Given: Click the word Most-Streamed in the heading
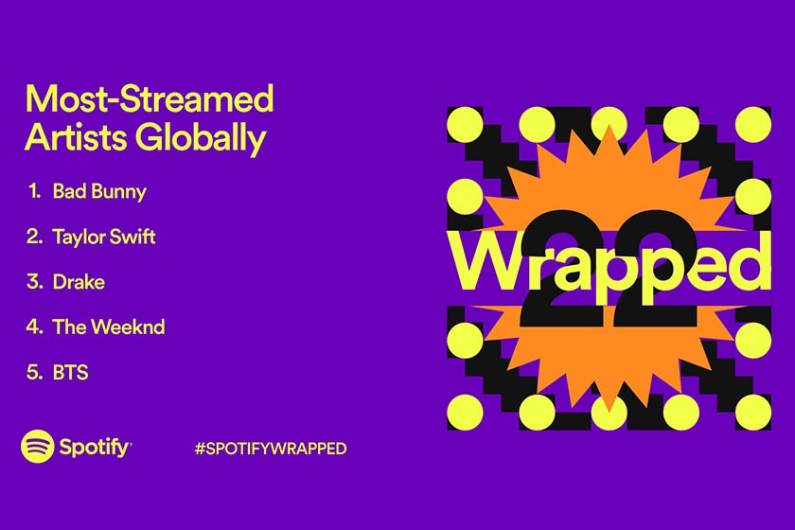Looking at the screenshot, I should click(149, 98).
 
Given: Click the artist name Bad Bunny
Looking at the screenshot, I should click(99, 192).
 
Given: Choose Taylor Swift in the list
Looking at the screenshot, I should click(104, 237).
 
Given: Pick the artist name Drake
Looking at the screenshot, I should click(79, 282).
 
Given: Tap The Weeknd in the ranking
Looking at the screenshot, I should click(109, 327).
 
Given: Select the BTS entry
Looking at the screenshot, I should click(71, 372).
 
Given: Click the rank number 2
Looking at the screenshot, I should click(34, 237).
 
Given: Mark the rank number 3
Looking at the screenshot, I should click(34, 282).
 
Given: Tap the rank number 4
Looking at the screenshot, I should click(34, 327).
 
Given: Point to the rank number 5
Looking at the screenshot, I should click(34, 372).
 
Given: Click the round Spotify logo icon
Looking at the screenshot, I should click(38, 447).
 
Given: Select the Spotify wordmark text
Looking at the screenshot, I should click(96, 448).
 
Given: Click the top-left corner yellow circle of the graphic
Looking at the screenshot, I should click(465, 124).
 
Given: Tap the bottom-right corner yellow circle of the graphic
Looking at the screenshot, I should click(753, 410).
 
